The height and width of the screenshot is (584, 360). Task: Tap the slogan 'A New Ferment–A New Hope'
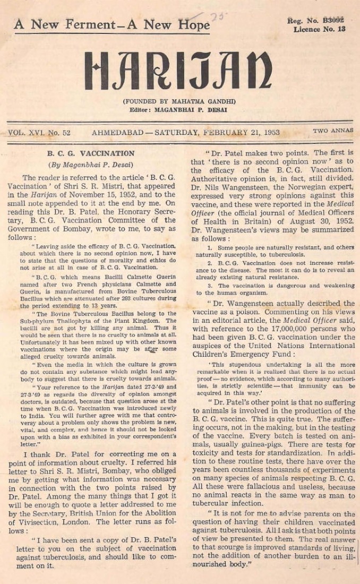coord(112,24)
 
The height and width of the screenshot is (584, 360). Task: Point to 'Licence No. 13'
coord(319,29)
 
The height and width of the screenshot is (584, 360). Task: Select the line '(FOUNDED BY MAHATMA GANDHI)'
coord(179,101)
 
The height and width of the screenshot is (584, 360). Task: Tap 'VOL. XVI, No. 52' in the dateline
coord(40,132)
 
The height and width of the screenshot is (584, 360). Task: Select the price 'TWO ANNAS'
coord(333,131)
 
